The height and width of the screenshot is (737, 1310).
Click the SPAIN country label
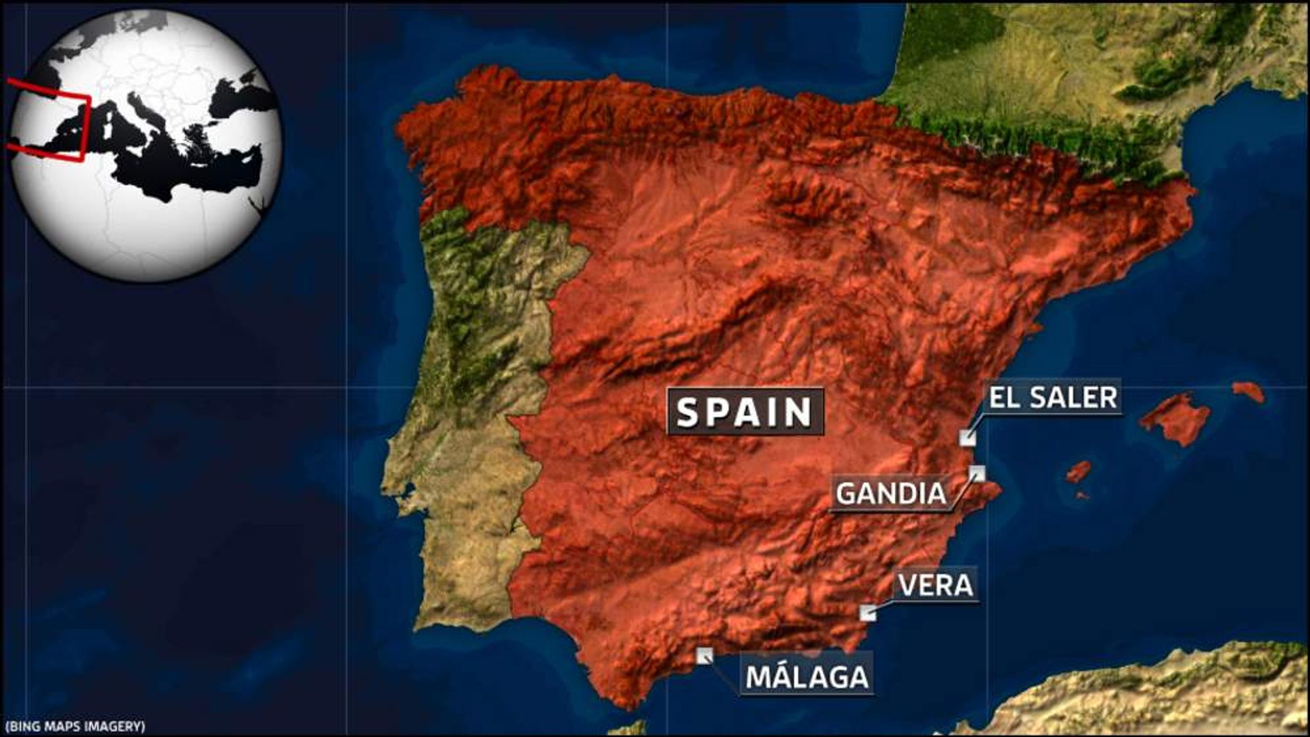click(x=745, y=412)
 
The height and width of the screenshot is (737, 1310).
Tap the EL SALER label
click(x=1053, y=397)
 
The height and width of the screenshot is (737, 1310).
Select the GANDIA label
click(x=891, y=493)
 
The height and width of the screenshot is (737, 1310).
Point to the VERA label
click(x=936, y=585)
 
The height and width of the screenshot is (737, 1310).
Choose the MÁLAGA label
click(x=807, y=677)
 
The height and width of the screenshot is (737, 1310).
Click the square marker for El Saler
click(x=967, y=438)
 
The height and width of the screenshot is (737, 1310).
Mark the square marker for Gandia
click(x=977, y=473)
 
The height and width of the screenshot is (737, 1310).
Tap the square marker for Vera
click(x=867, y=612)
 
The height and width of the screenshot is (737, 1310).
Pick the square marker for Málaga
click(x=704, y=655)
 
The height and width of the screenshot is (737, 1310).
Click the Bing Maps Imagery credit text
click(x=75, y=726)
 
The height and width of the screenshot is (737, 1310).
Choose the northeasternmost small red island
click(x=1249, y=391)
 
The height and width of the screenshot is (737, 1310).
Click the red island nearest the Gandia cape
click(x=1078, y=472)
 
